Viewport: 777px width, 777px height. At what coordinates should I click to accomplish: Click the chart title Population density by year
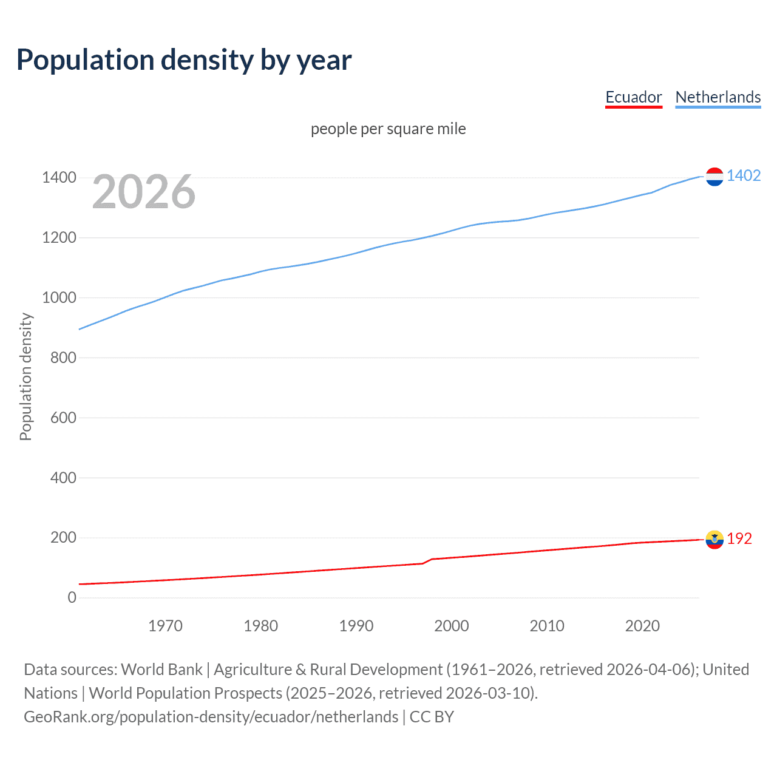(184, 60)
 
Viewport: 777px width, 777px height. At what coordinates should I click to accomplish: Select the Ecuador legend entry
(633, 97)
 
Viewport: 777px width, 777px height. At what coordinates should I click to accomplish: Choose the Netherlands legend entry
(718, 97)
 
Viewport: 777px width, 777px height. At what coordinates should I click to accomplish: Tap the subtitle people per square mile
(388, 129)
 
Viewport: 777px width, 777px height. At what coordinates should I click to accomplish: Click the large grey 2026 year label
(144, 192)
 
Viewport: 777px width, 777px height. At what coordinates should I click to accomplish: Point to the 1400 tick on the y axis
(59, 178)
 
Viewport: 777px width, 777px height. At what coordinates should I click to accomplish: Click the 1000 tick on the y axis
(59, 297)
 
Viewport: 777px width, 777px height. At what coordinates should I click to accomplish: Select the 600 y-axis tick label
(63, 418)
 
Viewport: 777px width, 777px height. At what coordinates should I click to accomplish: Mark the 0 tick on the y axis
(72, 597)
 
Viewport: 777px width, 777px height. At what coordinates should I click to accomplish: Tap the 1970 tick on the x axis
(165, 626)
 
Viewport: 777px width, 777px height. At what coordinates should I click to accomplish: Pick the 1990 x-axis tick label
(356, 626)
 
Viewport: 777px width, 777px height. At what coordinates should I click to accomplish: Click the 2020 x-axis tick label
(642, 626)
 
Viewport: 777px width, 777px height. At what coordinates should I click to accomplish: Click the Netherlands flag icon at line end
(714, 177)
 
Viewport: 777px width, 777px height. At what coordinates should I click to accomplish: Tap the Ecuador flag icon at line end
(714, 540)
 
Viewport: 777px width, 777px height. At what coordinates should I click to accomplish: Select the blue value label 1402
(744, 175)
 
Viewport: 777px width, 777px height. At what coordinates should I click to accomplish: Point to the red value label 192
(739, 538)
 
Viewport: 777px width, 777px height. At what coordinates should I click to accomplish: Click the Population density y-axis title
(25, 376)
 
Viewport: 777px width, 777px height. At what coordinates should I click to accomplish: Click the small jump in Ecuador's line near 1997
(427, 561)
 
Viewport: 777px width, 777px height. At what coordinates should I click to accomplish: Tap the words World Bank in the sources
(161, 670)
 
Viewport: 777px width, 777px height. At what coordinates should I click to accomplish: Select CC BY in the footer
(432, 717)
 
